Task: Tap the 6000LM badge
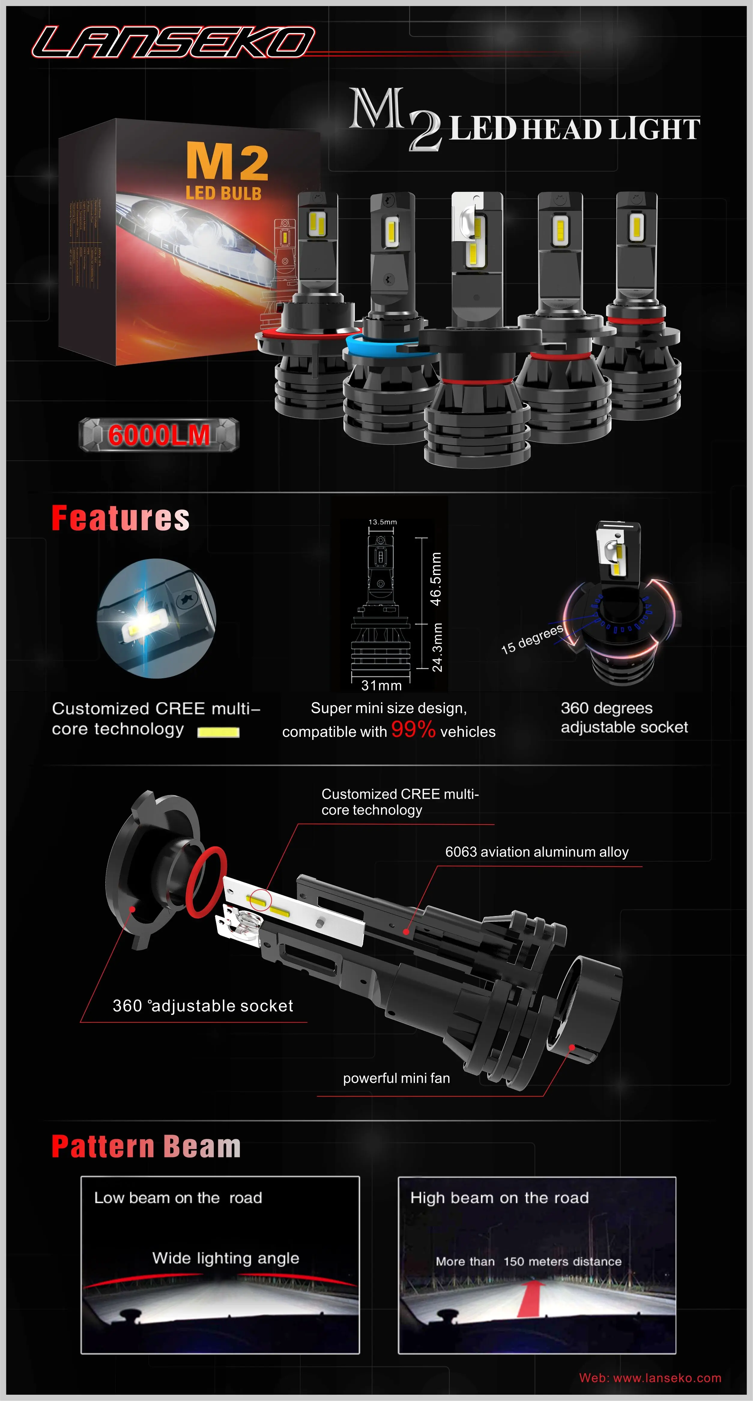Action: coord(159,435)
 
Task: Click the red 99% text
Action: coord(413,729)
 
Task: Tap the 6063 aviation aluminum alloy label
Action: coord(537,852)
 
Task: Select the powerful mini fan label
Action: coord(396,1078)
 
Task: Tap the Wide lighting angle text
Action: coord(225,1258)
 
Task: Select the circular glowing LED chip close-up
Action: coord(157,618)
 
